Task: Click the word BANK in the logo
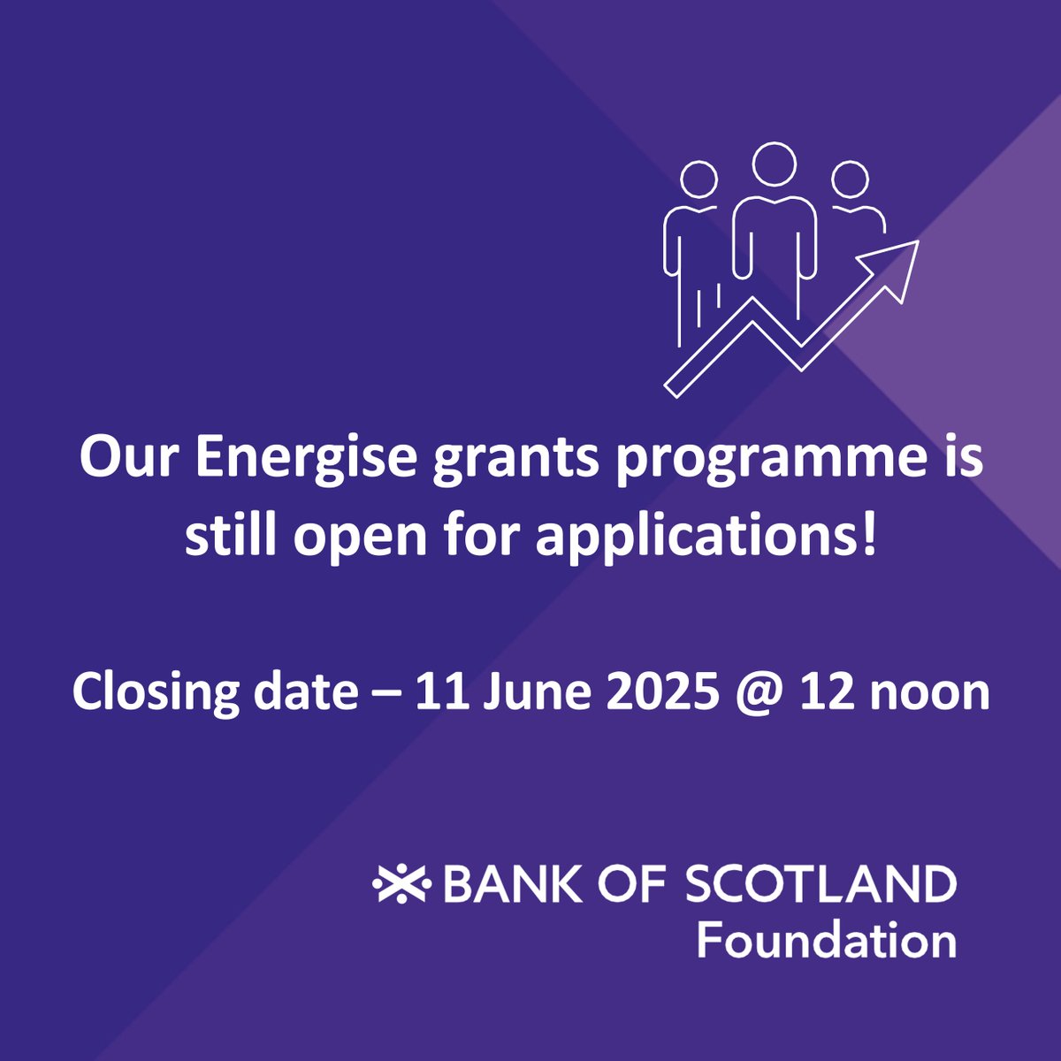point(506,884)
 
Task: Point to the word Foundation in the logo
point(826,940)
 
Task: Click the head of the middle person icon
point(775,164)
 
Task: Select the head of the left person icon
point(698,179)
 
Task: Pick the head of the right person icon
point(850,179)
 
